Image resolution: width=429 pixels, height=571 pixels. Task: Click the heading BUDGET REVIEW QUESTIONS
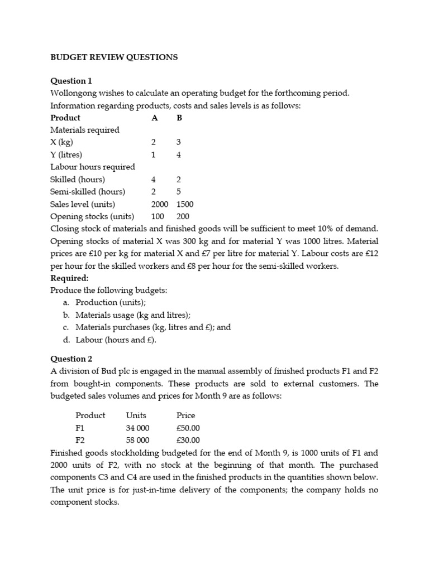coord(114,57)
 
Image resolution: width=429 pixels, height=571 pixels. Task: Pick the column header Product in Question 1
coord(65,118)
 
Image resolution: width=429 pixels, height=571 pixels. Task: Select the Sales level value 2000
coord(160,204)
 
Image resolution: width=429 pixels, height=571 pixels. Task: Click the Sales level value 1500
coord(185,204)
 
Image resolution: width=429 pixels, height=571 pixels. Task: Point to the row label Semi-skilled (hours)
coord(88,192)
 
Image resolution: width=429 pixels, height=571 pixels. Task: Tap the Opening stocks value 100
coord(158,216)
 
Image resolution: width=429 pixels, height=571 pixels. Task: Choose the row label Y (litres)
coord(66,155)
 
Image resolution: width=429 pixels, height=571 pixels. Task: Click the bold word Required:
coord(69,278)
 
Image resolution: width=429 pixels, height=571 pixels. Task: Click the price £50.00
coord(188,428)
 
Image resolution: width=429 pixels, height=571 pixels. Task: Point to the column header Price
coord(185,415)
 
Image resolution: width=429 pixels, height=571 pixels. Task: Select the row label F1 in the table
coord(80,428)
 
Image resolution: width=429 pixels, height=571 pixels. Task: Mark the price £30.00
coord(188,440)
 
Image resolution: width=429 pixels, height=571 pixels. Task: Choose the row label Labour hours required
coord(93,167)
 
